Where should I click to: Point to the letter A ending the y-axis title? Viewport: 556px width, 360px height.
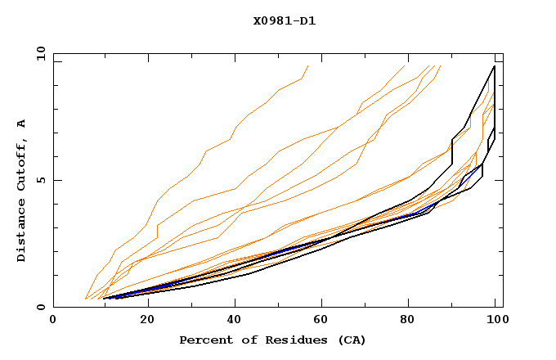pos(22,123)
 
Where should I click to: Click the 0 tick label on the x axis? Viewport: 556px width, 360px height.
pos(53,320)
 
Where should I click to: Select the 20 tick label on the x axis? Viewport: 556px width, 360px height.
pos(146,320)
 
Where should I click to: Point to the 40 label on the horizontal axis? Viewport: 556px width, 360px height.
pos(235,320)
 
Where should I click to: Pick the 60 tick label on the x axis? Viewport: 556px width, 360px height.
pos(324,320)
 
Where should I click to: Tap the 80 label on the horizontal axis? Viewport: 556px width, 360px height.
pos(412,320)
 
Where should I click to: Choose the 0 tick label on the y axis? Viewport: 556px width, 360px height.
pos(40,308)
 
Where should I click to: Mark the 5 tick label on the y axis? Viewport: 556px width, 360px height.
pos(40,180)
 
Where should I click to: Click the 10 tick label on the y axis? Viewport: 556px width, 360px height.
pos(38,53)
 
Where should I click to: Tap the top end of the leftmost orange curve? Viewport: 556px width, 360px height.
pos(307,65)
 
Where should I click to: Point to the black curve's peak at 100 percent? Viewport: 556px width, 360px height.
pos(494,66)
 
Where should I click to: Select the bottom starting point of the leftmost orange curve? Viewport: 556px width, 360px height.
pos(85,299)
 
